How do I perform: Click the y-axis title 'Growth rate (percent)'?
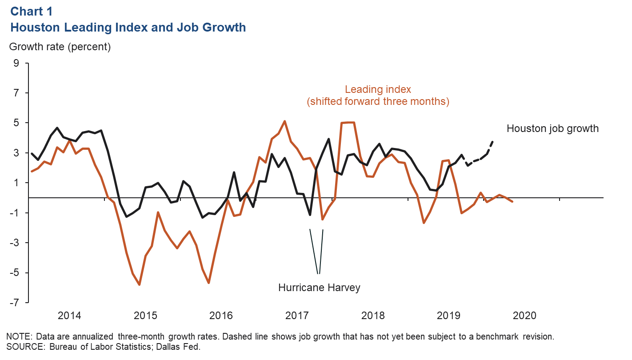tap(60, 46)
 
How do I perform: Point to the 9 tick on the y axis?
tap(16, 63)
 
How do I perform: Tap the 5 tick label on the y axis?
tap(16, 123)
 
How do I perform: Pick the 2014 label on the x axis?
tap(69, 316)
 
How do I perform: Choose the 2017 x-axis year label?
tap(297, 316)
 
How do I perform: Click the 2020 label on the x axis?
tap(524, 316)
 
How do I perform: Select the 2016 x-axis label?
tap(221, 316)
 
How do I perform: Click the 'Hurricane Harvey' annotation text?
tap(319, 288)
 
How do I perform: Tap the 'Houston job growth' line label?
tap(552, 129)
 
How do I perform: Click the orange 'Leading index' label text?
tap(378, 89)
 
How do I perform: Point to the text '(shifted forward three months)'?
tap(378, 102)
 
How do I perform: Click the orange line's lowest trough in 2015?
tap(140, 284)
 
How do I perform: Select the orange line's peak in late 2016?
tap(284, 121)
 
